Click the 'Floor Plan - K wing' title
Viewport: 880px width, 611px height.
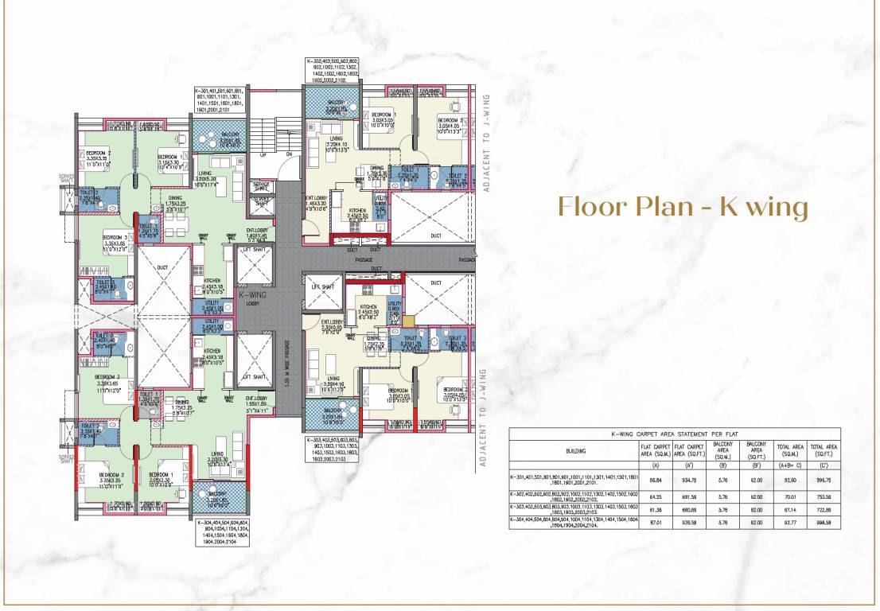coord(683,206)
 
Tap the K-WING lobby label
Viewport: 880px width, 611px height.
coord(253,298)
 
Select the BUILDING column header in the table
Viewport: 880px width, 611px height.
coord(575,451)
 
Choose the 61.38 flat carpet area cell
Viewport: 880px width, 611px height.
coord(656,508)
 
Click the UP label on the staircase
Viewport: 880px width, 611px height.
coord(263,154)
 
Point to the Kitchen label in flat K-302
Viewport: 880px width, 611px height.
coord(358,212)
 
